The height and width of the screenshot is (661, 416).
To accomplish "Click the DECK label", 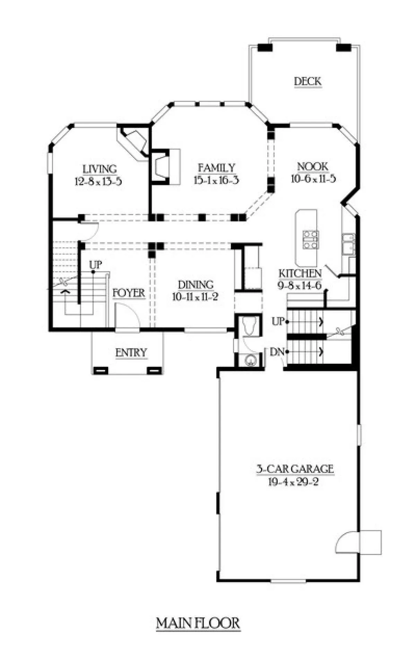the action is coord(308,81).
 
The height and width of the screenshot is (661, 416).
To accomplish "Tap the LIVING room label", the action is coord(100,169).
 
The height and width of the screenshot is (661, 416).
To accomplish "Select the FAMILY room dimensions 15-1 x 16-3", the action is coord(216,180).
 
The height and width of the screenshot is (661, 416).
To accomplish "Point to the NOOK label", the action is coord(313,167).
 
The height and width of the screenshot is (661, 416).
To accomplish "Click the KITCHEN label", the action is coord(300,273).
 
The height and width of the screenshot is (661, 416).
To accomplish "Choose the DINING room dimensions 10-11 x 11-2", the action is coord(195,297).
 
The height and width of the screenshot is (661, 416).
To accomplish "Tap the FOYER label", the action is coord(129,293).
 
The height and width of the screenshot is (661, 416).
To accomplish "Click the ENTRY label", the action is coord(131,353).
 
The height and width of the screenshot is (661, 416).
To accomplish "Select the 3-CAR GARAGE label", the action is coord(295,469).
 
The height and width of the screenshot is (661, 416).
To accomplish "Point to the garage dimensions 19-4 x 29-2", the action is coord(293,482).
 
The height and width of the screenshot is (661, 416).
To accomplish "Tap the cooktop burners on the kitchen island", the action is coord(311,240).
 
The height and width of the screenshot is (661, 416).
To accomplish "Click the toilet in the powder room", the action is coord(249,326).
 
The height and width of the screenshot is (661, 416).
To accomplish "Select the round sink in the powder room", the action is coord(250,361).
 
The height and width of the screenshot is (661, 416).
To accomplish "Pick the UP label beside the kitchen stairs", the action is coord(278,321).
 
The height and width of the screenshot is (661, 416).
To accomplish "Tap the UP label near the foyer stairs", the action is coord(96,265).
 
